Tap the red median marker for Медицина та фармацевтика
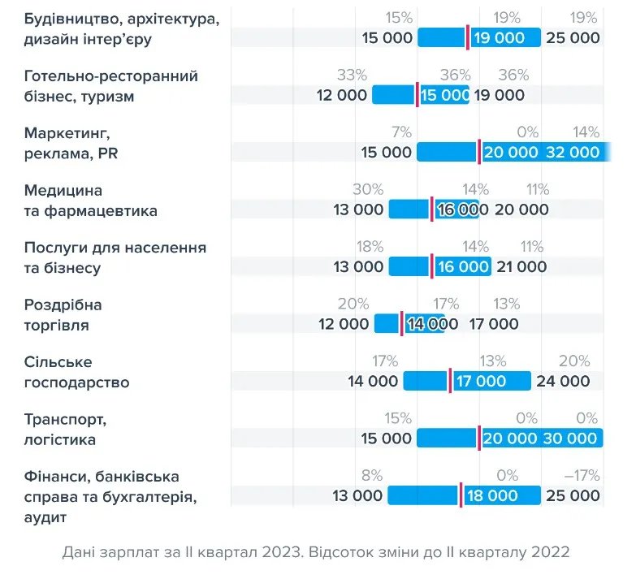coord(432,210)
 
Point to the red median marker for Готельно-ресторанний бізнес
coord(417,94)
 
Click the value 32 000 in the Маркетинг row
coord(573,152)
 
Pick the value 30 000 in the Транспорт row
coord(572,439)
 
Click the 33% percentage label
coord(352,76)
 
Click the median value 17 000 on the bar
coord(481,381)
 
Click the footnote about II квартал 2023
coord(316,552)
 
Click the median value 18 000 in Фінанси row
coord(491,495)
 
